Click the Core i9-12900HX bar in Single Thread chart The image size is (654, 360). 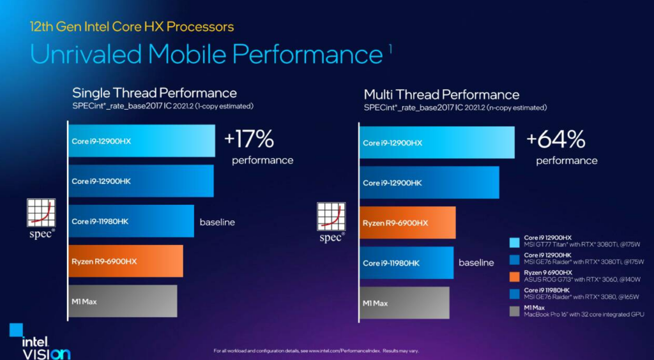point(141,141)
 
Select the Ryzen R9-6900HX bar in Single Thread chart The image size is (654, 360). point(125,261)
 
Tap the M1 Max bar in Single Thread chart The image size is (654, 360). point(122,301)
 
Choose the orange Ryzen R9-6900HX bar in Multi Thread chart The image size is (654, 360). point(407,223)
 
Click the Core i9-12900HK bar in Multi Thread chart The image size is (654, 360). point(429,183)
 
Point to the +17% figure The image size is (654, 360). point(249,139)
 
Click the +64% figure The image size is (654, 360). point(556,139)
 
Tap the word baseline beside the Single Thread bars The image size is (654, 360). point(217,222)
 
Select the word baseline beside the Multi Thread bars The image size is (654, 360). point(476,262)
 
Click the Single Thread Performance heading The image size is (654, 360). point(155,93)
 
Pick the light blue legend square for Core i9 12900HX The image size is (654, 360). point(514,242)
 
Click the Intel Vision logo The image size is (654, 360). point(40,341)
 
